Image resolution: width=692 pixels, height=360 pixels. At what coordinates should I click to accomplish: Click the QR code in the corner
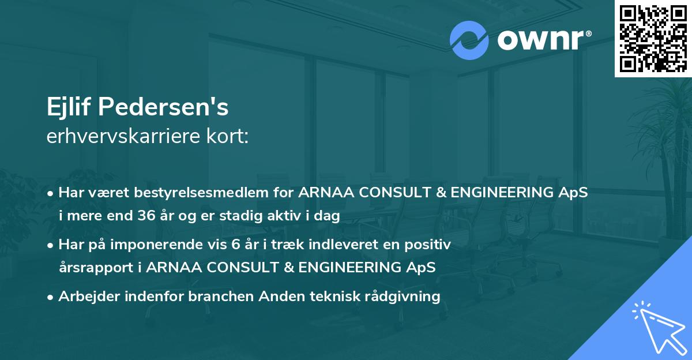click(x=653, y=38)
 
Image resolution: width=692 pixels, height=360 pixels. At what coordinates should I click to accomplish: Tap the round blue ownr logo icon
click(x=469, y=40)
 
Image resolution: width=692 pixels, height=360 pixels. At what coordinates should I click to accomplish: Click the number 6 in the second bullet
click(x=235, y=245)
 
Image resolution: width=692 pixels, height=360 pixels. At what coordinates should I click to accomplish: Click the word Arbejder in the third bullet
click(x=85, y=297)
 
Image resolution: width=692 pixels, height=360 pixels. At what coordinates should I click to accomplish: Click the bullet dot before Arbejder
click(x=51, y=297)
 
